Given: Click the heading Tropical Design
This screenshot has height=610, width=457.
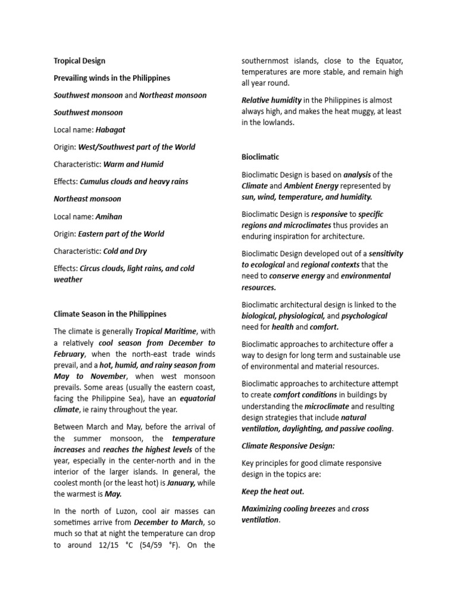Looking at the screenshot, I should click(80, 61).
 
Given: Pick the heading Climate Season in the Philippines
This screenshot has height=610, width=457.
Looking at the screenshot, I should click(110, 314).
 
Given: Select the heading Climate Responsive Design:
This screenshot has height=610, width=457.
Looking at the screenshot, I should click(280, 446).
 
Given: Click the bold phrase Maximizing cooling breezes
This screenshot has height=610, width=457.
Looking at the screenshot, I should click(288, 509).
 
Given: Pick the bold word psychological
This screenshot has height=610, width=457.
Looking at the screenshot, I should click(364, 316).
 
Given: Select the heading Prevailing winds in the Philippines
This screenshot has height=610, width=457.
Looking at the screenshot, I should click(112, 78).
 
